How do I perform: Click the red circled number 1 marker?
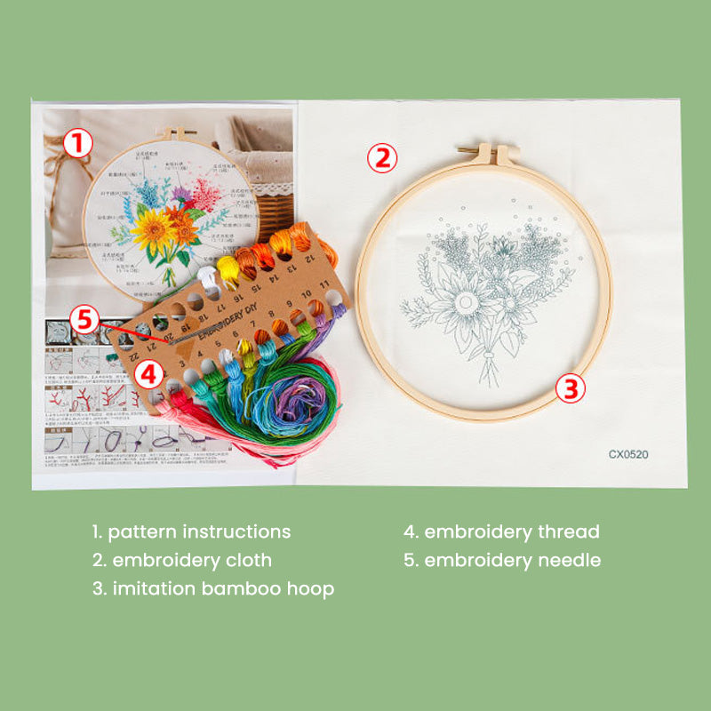coord(79,143)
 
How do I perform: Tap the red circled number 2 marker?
coord(381,158)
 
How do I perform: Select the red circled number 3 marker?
coord(571,387)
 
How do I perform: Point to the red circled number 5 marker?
coord(85,319)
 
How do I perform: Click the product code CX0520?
coord(628,454)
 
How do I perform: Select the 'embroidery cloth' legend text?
coord(182,561)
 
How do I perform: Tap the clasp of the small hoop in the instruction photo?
coord(179,134)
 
